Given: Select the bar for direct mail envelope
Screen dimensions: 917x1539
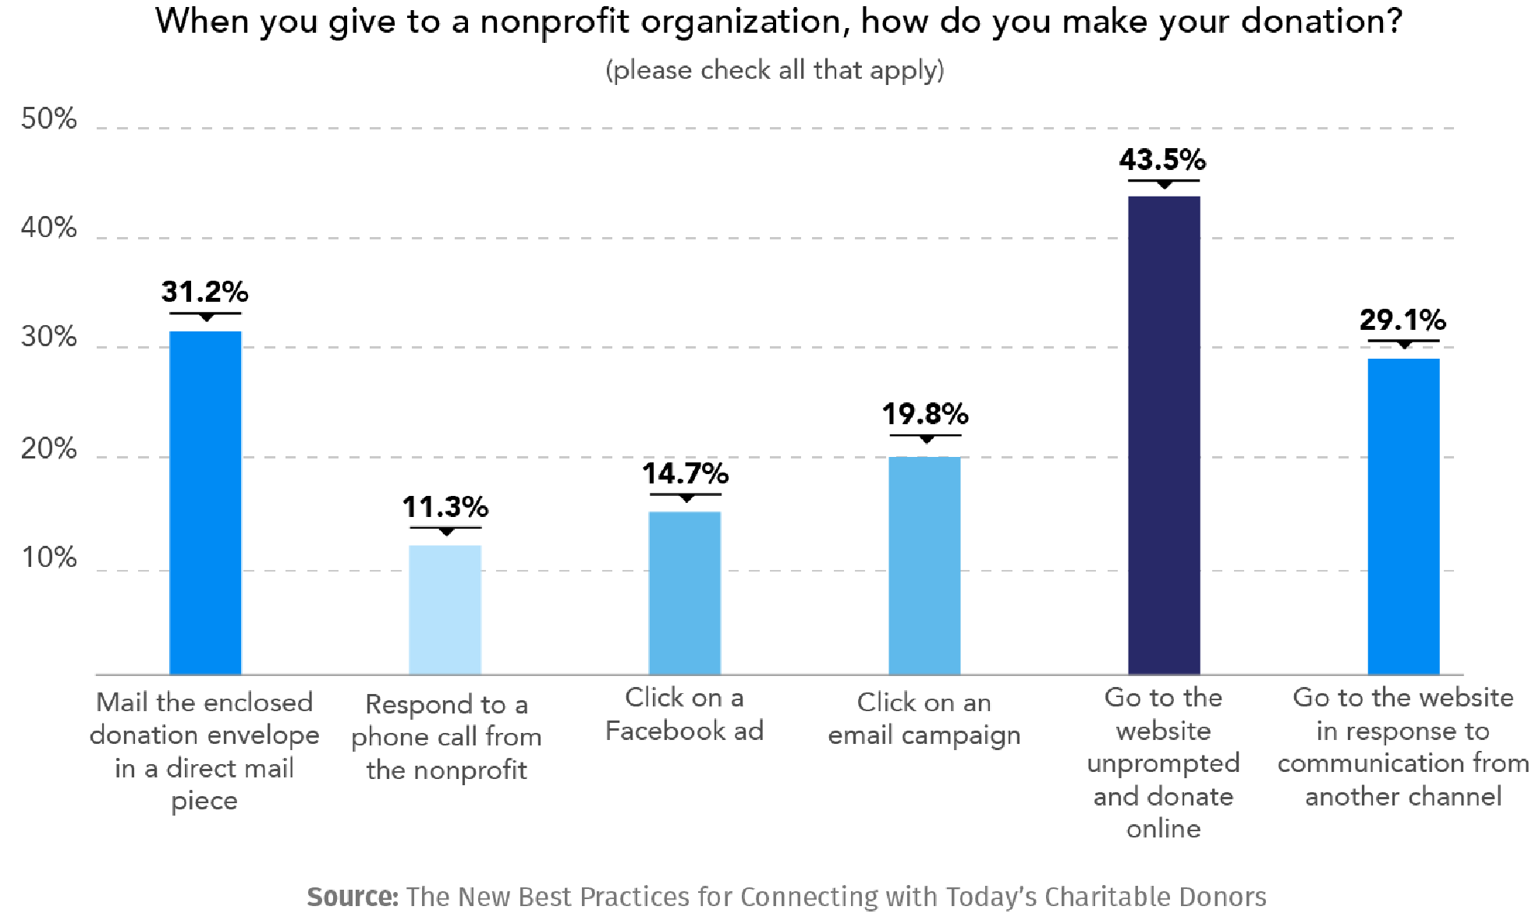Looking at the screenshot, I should pyautogui.click(x=205, y=503).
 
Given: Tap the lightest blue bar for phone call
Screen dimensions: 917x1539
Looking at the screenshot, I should pyautogui.click(x=445, y=610).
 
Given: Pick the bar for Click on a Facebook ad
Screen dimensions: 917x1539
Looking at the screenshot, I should pyautogui.click(x=684, y=593).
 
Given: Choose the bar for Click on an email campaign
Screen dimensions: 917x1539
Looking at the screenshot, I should pyautogui.click(x=924, y=565).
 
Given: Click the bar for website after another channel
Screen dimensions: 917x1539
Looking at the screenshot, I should pyautogui.click(x=1402, y=516).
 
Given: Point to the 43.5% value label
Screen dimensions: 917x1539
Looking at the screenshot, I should pyautogui.click(x=1162, y=160).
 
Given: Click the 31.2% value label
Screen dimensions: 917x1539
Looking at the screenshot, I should pyautogui.click(x=204, y=292).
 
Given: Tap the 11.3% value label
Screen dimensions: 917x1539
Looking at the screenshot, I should pyautogui.click(x=445, y=508).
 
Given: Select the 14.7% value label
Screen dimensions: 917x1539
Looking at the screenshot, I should pyautogui.click(x=685, y=473).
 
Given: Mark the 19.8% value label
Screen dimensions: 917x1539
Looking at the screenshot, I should pyautogui.click(x=925, y=414).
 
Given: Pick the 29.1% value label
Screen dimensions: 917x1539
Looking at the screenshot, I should pyautogui.click(x=1402, y=320).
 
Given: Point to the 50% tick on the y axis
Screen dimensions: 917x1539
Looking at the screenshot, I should pyautogui.click(x=48, y=119).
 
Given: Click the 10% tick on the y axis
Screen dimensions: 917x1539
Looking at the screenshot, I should pyautogui.click(x=48, y=558).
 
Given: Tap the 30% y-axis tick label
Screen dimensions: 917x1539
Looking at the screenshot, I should pyautogui.click(x=48, y=338).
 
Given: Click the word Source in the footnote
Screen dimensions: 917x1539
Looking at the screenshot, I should pyautogui.click(x=352, y=897).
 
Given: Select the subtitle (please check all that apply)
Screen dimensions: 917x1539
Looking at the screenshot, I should pyautogui.click(x=775, y=70).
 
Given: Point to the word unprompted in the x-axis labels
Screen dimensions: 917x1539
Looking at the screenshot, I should pyautogui.click(x=1163, y=763).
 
